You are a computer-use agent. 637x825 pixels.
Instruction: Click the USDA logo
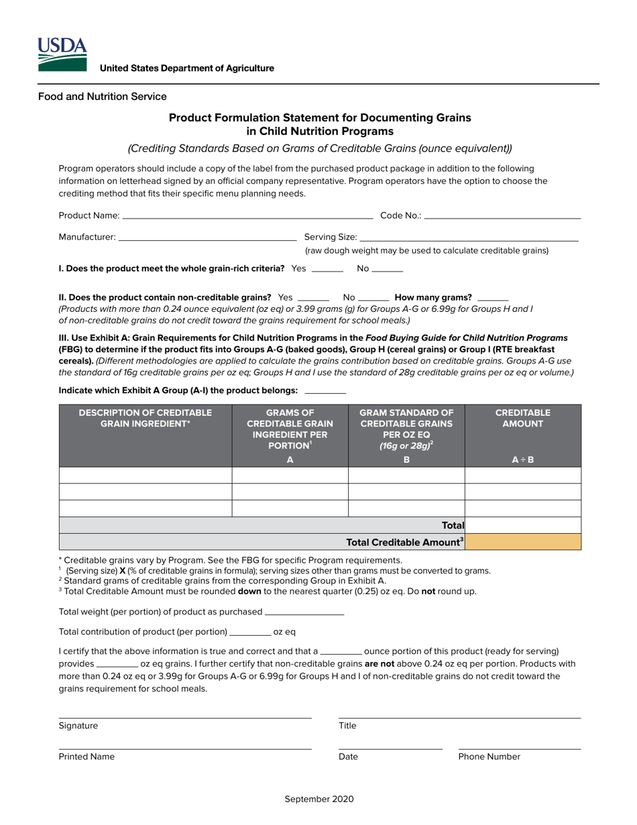(x=62, y=54)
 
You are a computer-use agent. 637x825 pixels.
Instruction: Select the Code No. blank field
(x=502, y=217)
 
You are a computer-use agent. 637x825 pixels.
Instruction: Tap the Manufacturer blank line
(x=207, y=238)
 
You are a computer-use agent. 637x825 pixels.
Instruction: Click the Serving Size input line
(x=469, y=238)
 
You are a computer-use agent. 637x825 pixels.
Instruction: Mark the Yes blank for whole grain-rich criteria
(x=327, y=270)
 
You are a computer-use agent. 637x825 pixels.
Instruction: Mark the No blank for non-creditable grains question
(x=374, y=298)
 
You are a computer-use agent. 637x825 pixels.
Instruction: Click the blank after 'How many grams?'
(x=494, y=298)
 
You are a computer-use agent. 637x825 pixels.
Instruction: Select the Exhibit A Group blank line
(x=325, y=391)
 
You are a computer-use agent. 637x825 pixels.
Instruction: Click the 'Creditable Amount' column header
(x=522, y=418)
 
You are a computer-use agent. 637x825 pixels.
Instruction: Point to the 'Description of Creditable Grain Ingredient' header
(x=145, y=418)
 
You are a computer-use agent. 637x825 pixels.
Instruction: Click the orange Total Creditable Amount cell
(x=523, y=542)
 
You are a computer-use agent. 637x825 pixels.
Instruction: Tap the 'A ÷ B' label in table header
(x=522, y=460)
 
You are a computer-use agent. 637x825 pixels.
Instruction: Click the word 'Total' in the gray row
(x=453, y=526)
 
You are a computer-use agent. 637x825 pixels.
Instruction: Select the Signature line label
(x=78, y=726)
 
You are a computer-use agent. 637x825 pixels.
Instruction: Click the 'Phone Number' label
(x=489, y=757)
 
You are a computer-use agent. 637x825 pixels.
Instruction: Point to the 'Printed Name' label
(x=86, y=757)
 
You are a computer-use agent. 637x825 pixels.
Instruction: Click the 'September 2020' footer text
(x=319, y=799)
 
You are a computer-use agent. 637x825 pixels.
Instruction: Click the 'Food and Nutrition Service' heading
(x=102, y=97)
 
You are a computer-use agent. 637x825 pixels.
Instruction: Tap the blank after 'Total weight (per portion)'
(x=304, y=612)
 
